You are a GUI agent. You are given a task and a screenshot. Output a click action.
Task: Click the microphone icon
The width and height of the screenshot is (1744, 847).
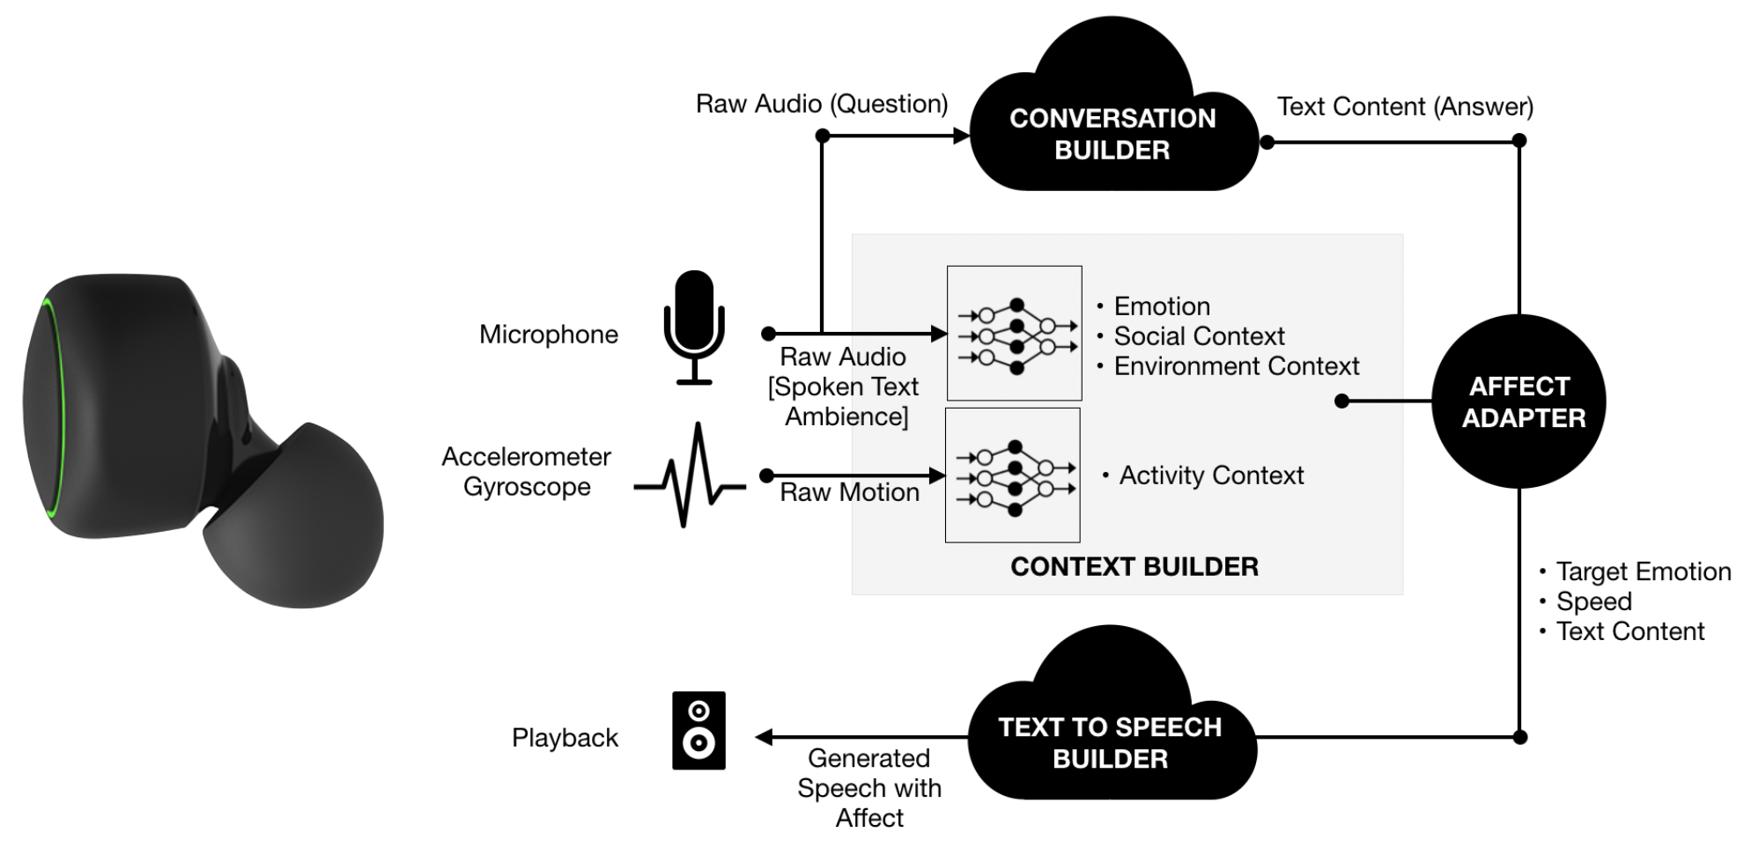coord(694,326)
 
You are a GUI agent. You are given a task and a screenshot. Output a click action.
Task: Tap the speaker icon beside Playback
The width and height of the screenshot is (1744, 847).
coord(698,730)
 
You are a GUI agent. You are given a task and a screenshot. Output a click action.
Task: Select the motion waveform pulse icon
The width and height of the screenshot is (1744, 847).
coord(691,475)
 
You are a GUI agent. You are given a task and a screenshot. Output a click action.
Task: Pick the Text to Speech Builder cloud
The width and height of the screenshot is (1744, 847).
coord(1110,742)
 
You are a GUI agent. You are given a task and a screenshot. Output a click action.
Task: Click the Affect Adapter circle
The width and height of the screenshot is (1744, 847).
coord(1520,401)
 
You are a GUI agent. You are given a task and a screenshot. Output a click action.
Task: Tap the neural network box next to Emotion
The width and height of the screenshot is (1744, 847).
coord(1015,334)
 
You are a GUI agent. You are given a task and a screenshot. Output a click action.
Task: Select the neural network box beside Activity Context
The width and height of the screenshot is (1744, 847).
coord(1013,475)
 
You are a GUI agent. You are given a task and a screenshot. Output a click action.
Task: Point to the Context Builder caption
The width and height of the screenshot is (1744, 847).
coord(1134,566)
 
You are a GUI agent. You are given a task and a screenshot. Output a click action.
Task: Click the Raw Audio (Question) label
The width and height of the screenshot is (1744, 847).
coord(821,104)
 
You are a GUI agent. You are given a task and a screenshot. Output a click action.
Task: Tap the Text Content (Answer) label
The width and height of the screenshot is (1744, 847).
coord(1405,107)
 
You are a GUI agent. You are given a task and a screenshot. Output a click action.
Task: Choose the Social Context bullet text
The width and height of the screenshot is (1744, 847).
coord(1198,336)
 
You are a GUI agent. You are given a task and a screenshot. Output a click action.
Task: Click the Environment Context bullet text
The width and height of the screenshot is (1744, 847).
coord(1236,366)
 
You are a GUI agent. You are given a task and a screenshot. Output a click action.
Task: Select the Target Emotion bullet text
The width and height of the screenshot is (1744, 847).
coord(1643,571)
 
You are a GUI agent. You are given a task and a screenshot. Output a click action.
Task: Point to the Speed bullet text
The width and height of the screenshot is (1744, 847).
coord(1593,601)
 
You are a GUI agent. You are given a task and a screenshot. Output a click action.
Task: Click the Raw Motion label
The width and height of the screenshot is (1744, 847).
coord(849,492)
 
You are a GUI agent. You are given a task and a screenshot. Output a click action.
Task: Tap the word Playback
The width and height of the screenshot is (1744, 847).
coord(565,738)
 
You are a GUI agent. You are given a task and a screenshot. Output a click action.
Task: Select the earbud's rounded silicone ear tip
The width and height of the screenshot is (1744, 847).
coord(299,519)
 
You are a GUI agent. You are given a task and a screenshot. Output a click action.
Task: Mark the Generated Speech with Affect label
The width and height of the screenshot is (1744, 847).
coord(869,788)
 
